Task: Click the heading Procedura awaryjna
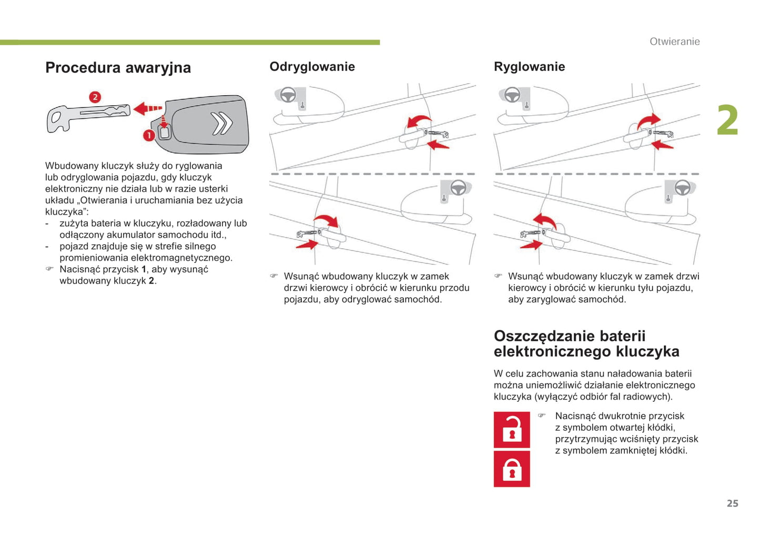118,68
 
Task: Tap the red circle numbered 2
95,97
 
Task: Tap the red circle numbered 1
149,135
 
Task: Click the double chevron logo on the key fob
222,124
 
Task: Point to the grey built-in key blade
88,116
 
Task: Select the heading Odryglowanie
312,67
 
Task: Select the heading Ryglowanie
529,67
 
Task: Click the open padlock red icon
512,430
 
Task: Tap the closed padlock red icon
512,469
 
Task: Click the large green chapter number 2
727,120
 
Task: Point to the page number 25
732,503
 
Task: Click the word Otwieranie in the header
674,42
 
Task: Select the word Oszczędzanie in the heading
543,336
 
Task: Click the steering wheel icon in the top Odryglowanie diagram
288,95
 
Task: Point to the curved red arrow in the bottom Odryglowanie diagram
326,220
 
